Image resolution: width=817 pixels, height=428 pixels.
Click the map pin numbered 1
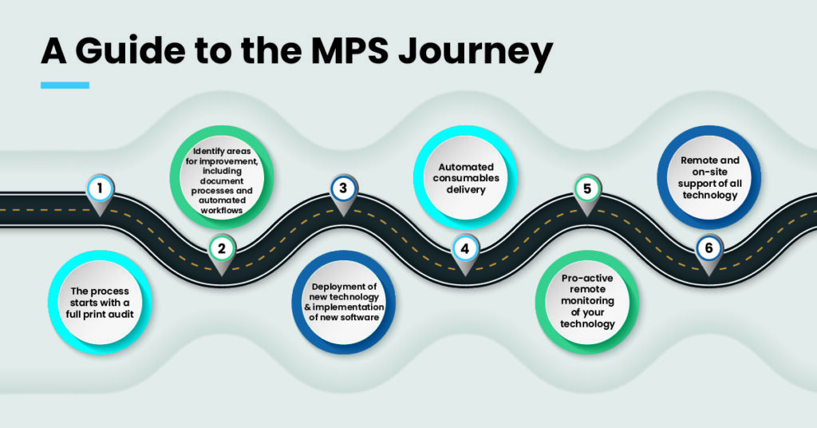coord(100,191)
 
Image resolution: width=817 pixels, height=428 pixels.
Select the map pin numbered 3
coord(343,191)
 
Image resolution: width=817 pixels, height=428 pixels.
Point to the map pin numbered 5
coord(587,191)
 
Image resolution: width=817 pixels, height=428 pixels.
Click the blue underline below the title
coord(65,85)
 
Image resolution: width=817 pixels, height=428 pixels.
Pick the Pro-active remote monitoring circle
coord(586,300)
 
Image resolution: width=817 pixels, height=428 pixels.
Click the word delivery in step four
coord(464,190)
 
